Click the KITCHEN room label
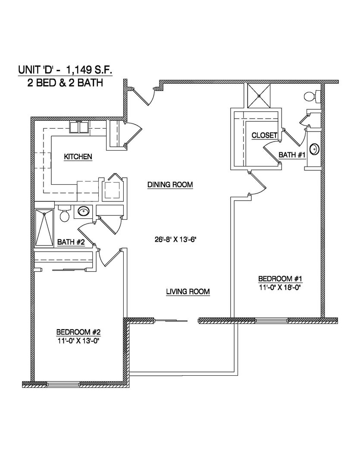tap(78, 157)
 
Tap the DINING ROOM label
tap(170, 185)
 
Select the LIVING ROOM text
tap(188, 292)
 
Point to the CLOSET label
tap(264, 135)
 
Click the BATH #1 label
tap(292, 154)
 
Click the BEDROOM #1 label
tap(279, 278)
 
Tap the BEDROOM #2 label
tap(78, 332)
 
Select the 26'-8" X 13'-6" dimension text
tap(178, 239)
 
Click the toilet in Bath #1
tap(311, 95)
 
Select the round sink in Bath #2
tap(84, 212)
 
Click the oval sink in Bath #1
tap(314, 149)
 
